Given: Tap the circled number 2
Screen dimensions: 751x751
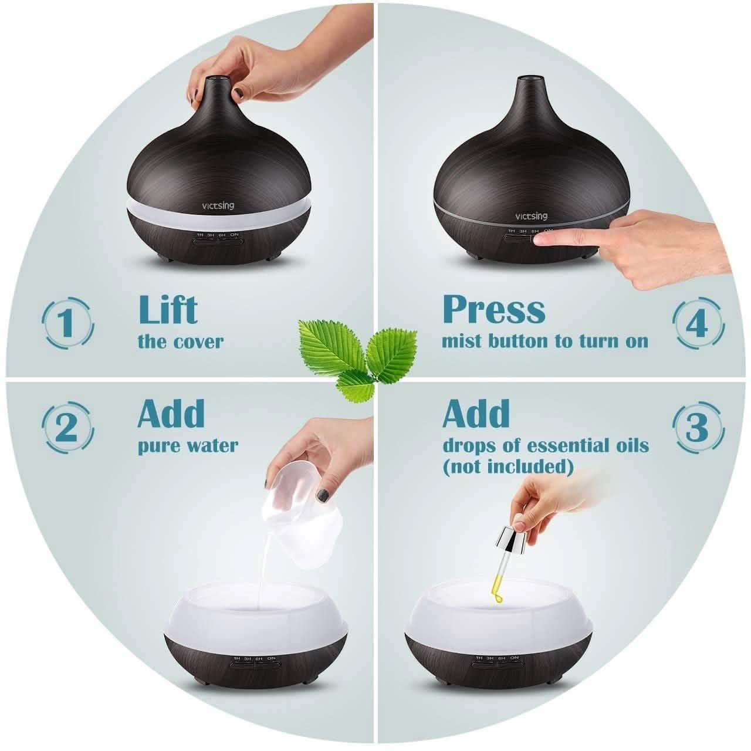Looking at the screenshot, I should (x=67, y=427).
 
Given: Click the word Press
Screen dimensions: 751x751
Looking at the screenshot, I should (x=493, y=309).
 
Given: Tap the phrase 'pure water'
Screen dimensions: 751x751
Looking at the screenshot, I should (x=188, y=445).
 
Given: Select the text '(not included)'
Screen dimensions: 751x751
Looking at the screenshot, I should (x=508, y=466).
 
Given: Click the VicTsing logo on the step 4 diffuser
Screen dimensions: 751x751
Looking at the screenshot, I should (x=532, y=216).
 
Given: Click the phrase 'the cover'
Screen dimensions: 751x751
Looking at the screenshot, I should (x=181, y=341).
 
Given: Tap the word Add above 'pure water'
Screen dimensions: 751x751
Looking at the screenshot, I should (x=171, y=414).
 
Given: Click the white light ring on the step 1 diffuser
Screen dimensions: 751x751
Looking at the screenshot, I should (x=219, y=220).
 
